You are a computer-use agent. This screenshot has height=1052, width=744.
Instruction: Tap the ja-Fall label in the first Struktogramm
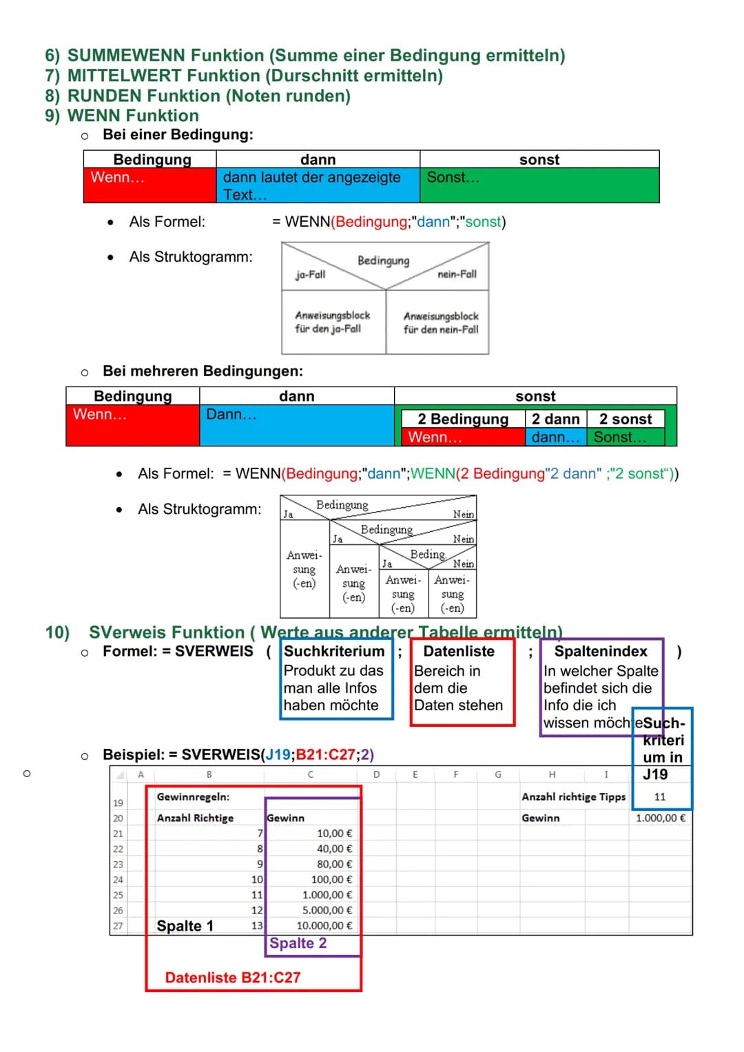point(310,274)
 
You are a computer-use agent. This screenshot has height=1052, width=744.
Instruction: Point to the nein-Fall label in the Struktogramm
point(457,274)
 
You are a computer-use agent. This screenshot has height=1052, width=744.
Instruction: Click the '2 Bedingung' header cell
point(463,419)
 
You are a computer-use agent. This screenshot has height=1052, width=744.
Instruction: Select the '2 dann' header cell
point(555,419)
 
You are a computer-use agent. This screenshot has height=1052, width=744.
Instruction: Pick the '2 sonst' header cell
point(626,419)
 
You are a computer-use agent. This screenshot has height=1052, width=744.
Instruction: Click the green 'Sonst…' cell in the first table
point(453,178)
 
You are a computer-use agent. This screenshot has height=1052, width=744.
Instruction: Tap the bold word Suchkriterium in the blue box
point(334,651)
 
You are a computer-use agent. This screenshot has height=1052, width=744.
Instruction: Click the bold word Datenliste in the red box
point(459,651)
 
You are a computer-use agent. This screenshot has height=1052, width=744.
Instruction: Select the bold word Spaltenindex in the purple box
point(601,651)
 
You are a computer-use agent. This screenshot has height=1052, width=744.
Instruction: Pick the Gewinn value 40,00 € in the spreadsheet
point(334,849)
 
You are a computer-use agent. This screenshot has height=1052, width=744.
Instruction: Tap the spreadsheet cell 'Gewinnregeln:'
point(193,796)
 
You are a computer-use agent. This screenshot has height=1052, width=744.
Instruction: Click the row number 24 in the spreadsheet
point(118,880)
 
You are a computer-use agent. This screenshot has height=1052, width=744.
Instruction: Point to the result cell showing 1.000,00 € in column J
point(660,818)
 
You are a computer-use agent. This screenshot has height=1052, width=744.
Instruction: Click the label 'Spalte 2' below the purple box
point(298,943)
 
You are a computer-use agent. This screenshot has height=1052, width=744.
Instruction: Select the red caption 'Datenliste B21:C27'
point(233,977)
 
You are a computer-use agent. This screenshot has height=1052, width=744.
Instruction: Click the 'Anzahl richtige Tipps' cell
point(573,796)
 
